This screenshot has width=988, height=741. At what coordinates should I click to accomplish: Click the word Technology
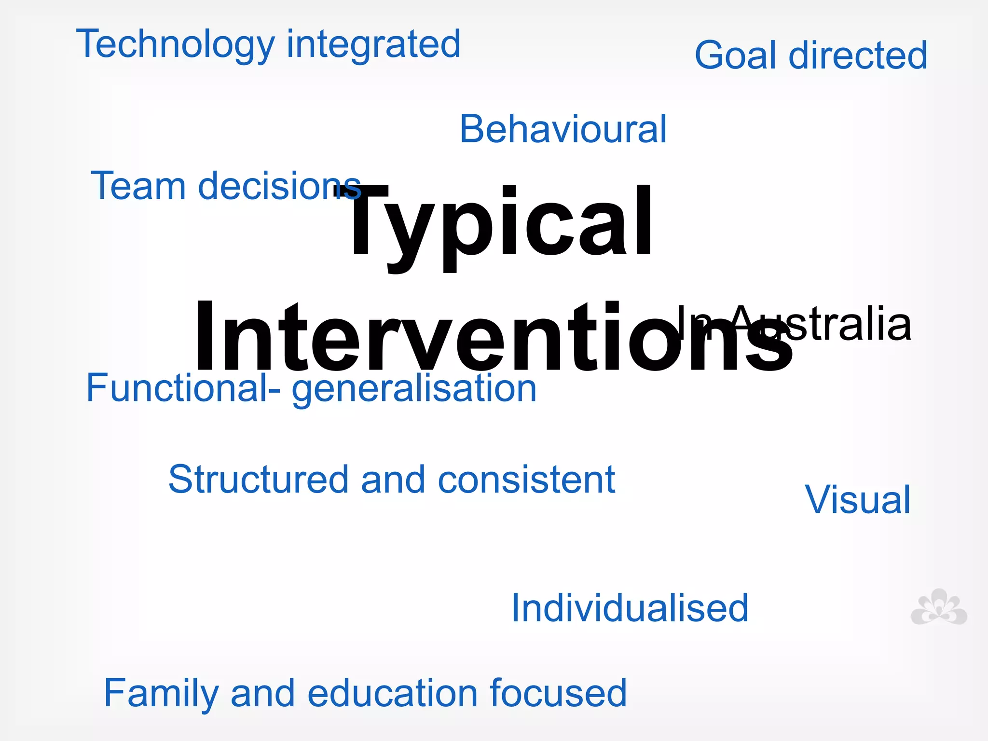click(x=176, y=44)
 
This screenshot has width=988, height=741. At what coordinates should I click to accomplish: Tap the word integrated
click(x=374, y=44)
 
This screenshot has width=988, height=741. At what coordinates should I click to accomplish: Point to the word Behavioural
click(x=563, y=129)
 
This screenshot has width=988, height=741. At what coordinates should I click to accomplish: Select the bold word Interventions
click(x=492, y=338)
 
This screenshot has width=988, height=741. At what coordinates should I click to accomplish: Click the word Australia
click(x=830, y=323)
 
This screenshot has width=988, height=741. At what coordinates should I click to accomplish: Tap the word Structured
click(x=258, y=480)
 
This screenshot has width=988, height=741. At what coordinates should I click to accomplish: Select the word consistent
click(x=527, y=480)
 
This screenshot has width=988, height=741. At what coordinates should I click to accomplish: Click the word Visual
click(x=858, y=500)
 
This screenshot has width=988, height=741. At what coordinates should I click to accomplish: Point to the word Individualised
click(x=630, y=608)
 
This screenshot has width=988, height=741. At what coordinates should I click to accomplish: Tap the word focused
click(x=558, y=693)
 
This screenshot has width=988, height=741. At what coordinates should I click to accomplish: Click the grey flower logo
click(x=938, y=608)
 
